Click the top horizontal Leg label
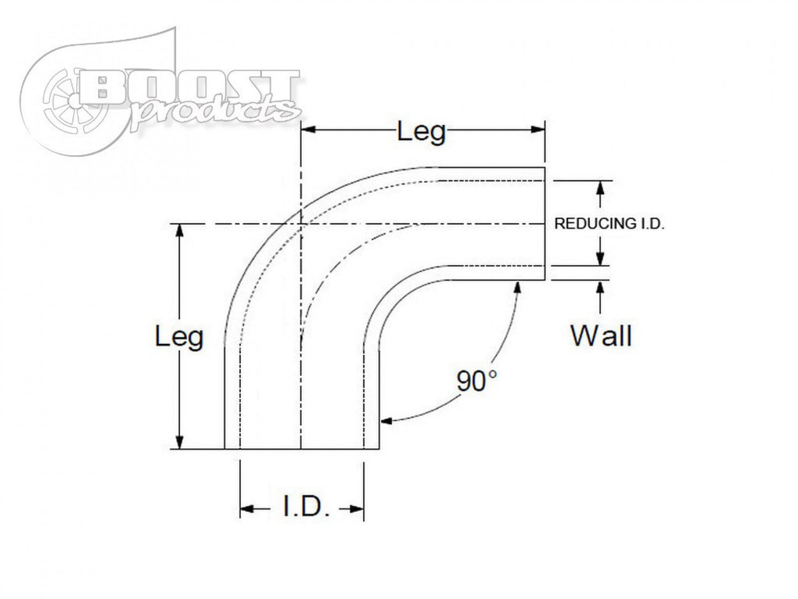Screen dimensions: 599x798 (421, 133)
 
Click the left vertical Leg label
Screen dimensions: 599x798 (179, 337)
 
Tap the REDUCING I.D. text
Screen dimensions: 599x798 (609, 224)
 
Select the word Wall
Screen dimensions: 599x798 (601, 335)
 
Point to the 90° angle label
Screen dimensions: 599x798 (477, 381)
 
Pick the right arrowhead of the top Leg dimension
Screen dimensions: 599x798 (538, 130)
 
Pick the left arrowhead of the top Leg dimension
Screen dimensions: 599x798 (308, 130)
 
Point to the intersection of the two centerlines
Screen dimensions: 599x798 (300, 224)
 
